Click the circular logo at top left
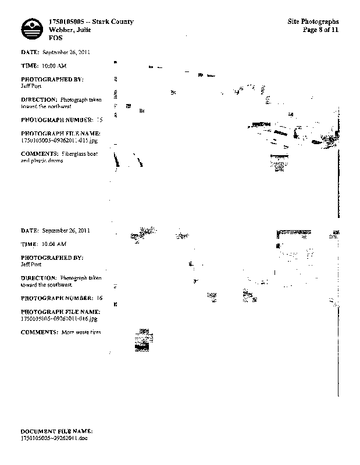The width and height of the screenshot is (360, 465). click(31, 28)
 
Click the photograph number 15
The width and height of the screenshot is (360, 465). click(99, 120)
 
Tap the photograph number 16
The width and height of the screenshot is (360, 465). click(99, 298)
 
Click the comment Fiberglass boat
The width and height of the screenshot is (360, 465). click(81, 153)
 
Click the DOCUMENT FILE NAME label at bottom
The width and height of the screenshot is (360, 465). click(56, 430)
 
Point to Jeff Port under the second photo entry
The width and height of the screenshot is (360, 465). click(30, 263)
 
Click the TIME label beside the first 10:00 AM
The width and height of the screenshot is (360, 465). click(30, 66)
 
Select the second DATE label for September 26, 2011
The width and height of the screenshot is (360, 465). click(30, 231)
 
